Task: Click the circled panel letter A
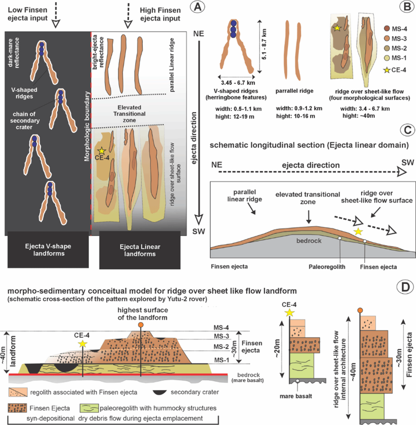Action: [x=197, y=8]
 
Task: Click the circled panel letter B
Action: [x=403, y=8]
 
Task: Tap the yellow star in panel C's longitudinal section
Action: [x=358, y=232]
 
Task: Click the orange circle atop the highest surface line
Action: [x=141, y=325]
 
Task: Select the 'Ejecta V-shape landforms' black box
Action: [x=47, y=251]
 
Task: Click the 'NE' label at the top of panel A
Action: [x=198, y=34]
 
